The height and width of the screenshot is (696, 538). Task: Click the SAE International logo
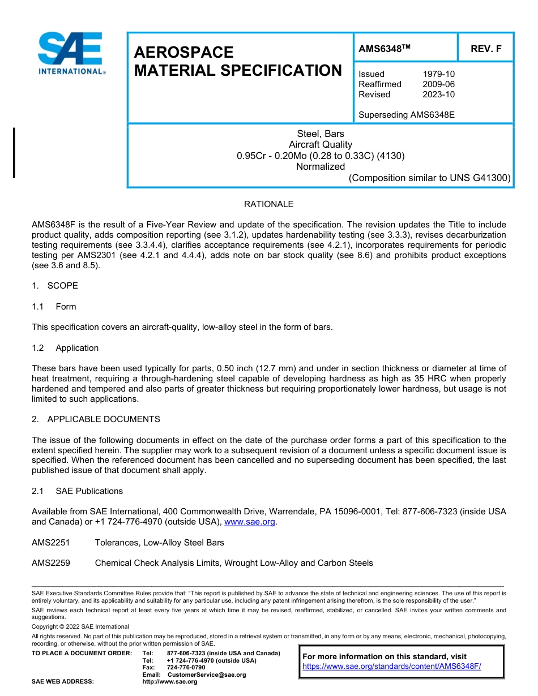coord(70,53)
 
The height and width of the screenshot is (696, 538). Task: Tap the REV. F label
coord(486,49)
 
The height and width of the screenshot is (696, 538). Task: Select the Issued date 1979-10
coord(438,74)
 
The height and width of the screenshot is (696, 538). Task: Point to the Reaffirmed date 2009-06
coord(438,84)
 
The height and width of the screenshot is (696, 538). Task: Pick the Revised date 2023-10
coord(438,94)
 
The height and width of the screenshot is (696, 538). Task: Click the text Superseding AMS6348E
coord(406,115)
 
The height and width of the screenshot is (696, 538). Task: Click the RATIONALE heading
coord(268,204)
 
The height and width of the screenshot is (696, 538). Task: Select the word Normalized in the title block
coord(321,167)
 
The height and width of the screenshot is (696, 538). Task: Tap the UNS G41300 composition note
coord(429,178)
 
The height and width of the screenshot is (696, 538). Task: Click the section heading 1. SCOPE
coord(55,286)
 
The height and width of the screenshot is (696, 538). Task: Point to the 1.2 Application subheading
coord(65,348)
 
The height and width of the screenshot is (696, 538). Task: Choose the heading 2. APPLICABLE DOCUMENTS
coord(96,419)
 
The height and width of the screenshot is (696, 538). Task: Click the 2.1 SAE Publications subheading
coord(77,491)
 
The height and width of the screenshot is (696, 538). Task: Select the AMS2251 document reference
coord(51,543)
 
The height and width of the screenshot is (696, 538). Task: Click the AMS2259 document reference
coord(51,563)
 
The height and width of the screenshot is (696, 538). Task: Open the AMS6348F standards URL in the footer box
coord(391,667)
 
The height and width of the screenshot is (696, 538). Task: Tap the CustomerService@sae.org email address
coord(207,674)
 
